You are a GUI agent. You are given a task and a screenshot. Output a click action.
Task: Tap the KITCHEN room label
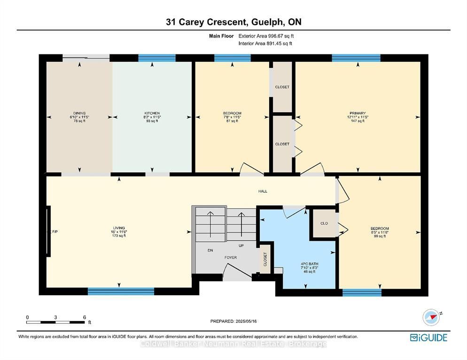[152, 114]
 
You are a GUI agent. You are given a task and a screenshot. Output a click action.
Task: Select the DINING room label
[79, 114]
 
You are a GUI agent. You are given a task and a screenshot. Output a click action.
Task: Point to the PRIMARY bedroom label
[358, 114]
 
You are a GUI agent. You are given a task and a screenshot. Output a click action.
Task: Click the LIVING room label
[119, 228]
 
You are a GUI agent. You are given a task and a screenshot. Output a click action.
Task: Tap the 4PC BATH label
[310, 264]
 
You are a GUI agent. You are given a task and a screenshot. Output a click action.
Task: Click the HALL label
[263, 191]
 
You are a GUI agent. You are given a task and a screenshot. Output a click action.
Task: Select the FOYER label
[231, 258]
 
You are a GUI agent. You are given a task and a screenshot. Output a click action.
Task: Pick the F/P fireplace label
[55, 231]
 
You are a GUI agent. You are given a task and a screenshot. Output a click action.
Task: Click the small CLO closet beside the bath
[324, 223]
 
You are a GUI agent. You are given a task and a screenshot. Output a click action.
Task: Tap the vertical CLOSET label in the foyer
[265, 259]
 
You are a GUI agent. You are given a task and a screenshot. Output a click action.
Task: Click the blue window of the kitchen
[157, 58]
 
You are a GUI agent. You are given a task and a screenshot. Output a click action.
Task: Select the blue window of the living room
[121, 291]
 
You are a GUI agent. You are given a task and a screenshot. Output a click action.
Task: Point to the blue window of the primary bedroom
[356, 58]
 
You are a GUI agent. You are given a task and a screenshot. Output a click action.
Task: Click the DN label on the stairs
[210, 251]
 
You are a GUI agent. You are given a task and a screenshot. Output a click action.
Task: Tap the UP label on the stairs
[241, 246]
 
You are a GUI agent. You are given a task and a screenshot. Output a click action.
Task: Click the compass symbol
[431, 317]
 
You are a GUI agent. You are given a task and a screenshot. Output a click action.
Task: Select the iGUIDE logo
[428, 337]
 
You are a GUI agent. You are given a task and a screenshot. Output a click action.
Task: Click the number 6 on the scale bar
[85, 317]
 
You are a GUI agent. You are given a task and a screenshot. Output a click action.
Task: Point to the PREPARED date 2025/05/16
[246, 322]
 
